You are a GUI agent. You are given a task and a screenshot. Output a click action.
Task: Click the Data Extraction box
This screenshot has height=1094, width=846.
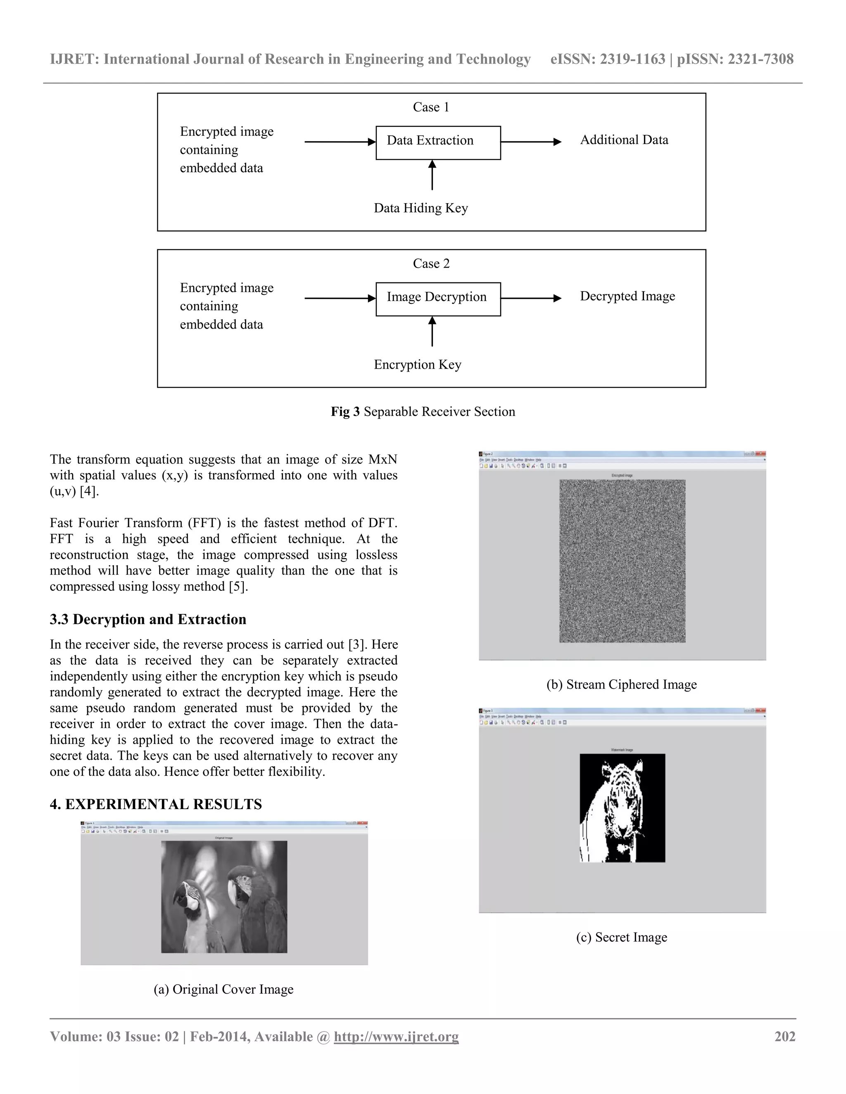(438, 142)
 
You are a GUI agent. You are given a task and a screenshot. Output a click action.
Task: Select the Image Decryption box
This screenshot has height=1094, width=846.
(438, 298)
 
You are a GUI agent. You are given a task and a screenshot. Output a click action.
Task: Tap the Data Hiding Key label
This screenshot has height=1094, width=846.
(421, 208)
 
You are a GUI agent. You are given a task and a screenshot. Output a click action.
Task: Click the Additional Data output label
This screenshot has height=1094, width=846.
(624, 140)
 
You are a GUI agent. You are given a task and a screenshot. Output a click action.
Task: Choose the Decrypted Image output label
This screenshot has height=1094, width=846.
(627, 296)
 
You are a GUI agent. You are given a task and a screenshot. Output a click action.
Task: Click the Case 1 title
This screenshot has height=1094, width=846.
(430, 107)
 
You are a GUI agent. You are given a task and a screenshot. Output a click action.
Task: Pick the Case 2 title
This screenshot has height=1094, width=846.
(431, 263)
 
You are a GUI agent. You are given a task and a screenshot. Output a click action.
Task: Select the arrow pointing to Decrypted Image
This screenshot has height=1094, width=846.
(531, 298)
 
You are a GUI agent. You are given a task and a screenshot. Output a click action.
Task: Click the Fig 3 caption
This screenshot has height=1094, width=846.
(423, 412)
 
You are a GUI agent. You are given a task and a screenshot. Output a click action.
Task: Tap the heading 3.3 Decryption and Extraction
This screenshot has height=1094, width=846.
(148, 619)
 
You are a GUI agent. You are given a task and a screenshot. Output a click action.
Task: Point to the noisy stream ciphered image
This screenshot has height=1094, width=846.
(622, 561)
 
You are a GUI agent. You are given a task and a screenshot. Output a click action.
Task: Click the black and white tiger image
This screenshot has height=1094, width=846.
(622, 807)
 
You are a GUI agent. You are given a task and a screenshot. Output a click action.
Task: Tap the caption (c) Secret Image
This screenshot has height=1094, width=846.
(621, 937)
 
